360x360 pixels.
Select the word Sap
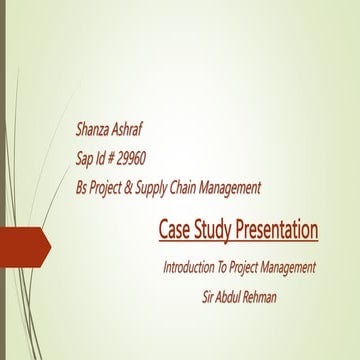(x=85, y=158)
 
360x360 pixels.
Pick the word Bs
(x=82, y=187)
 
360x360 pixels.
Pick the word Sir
(x=210, y=296)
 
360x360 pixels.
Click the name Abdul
(x=237, y=296)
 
